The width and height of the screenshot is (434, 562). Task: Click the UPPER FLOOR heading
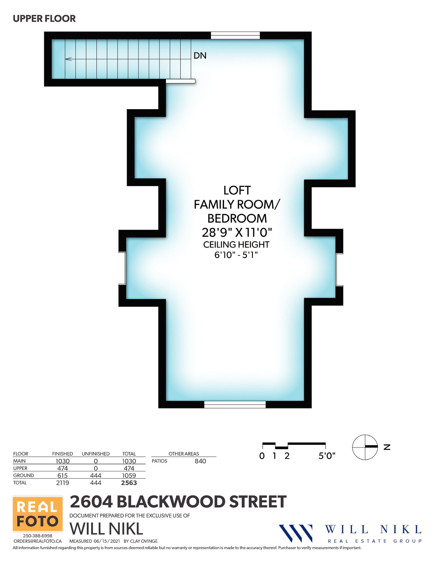tap(44, 19)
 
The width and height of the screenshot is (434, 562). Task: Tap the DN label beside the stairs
tap(200, 56)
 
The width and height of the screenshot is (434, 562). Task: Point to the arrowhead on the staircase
tap(68, 59)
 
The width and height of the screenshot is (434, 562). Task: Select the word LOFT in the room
tap(237, 190)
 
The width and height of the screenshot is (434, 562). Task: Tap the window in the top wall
tap(235, 36)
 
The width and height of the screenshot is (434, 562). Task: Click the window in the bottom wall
tap(235, 404)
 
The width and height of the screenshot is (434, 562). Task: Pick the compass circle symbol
tap(365, 447)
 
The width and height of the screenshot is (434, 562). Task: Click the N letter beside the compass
tap(387, 447)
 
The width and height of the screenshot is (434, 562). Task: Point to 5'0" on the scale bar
tap(327, 456)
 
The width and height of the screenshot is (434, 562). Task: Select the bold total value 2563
tap(129, 483)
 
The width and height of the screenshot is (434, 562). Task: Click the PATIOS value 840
tap(200, 461)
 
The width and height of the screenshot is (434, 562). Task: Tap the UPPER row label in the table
tap(20, 468)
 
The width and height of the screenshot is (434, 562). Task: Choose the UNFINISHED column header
tap(95, 454)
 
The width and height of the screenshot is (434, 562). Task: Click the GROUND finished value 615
tap(62, 475)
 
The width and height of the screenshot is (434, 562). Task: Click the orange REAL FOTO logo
tap(38, 514)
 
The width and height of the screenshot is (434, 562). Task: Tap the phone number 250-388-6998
tap(37, 536)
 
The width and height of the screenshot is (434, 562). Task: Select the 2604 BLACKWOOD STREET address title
tap(178, 501)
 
